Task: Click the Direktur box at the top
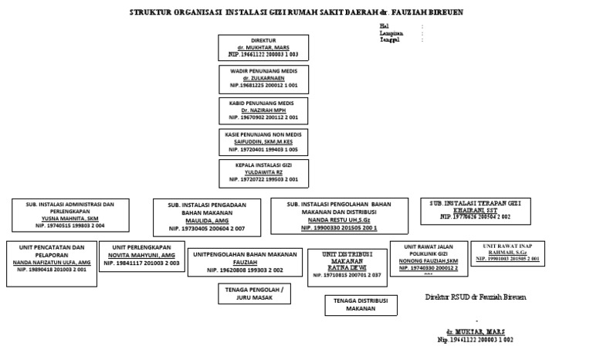(263, 47)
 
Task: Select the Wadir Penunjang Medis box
(263, 78)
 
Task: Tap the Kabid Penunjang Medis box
(263, 110)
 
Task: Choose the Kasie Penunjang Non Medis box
(263, 141)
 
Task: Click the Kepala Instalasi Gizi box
(263, 173)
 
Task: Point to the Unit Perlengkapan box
(143, 258)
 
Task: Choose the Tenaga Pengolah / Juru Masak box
(249, 294)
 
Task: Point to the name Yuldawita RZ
(263, 172)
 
